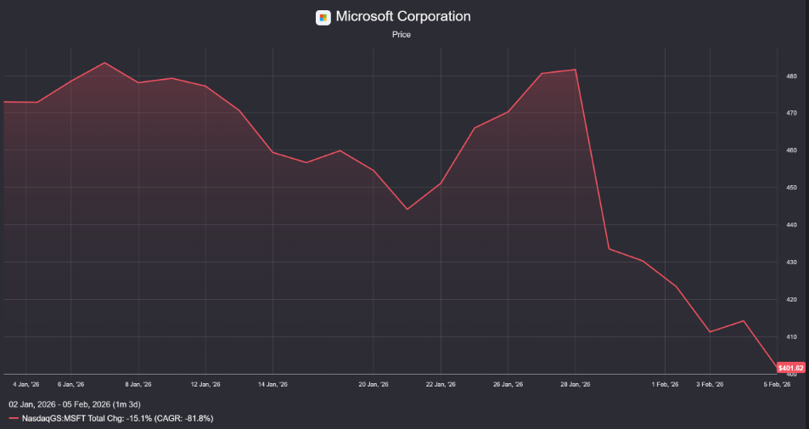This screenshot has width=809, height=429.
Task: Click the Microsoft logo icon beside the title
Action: [323, 17]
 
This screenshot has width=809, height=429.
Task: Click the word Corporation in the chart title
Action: [428, 16]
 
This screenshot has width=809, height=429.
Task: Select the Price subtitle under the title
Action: [402, 35]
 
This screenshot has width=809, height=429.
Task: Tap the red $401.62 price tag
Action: [789, 368]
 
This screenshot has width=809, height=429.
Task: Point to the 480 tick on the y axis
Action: [790, 76]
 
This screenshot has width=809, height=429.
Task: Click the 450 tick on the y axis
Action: [790, 188]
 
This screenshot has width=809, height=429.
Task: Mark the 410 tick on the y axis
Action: [790, 337]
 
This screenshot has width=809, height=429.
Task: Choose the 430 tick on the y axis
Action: [790, 262]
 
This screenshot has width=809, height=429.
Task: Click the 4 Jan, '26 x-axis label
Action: [26, 384]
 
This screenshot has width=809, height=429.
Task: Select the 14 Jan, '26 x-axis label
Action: [272, 384]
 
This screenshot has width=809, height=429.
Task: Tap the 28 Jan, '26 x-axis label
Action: [576, 384]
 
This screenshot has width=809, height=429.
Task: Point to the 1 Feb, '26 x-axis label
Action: [665, 384]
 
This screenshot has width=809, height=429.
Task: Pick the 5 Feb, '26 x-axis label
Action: [776, 384]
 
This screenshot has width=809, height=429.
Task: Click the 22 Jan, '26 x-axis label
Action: [441, 384]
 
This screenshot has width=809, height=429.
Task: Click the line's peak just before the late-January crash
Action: [576, 70]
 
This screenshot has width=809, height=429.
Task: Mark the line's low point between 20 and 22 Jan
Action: [407, 209]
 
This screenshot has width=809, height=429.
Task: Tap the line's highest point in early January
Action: [104, 63]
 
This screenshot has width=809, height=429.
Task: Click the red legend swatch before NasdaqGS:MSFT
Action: [14, 418]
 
